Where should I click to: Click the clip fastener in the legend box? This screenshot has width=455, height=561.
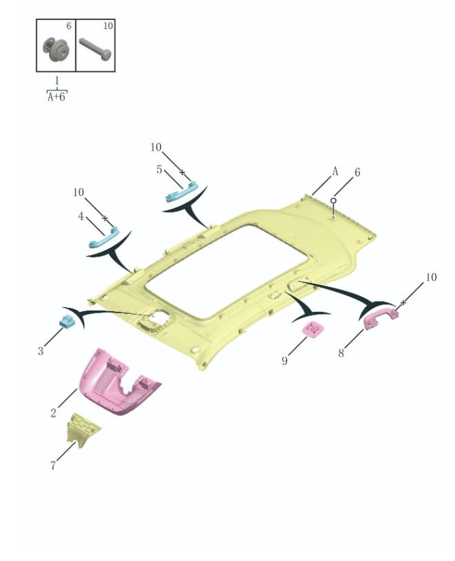pyautogui.click(x=54, y=49)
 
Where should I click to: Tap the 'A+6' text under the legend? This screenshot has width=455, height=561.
pyautogui.click(x=57, y=97)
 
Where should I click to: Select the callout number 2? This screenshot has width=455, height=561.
pyautogui.click(x=53, y=413)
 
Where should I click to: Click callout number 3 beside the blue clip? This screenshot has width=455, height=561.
pyautogui.click(x=41, y=351)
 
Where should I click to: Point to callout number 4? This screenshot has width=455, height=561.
pyautogui.click(x=81, y=216)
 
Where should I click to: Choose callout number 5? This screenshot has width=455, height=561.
pyautogui.click(x=159, y=169)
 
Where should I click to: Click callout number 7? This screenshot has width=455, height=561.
pyautogui.click(x=53, y=465)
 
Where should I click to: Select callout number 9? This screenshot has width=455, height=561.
pyautogui.click(x=284, y=360)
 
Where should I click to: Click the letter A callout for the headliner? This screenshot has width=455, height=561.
pyautogui.click(x=336, y=170)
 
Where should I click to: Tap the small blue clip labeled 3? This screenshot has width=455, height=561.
pyautogui.click(x=67, y=320)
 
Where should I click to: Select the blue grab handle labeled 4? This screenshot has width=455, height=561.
pyautogui.click(x=103, y=239)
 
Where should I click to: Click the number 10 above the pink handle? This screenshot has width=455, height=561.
pyautogui.click(x=430, y=277)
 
